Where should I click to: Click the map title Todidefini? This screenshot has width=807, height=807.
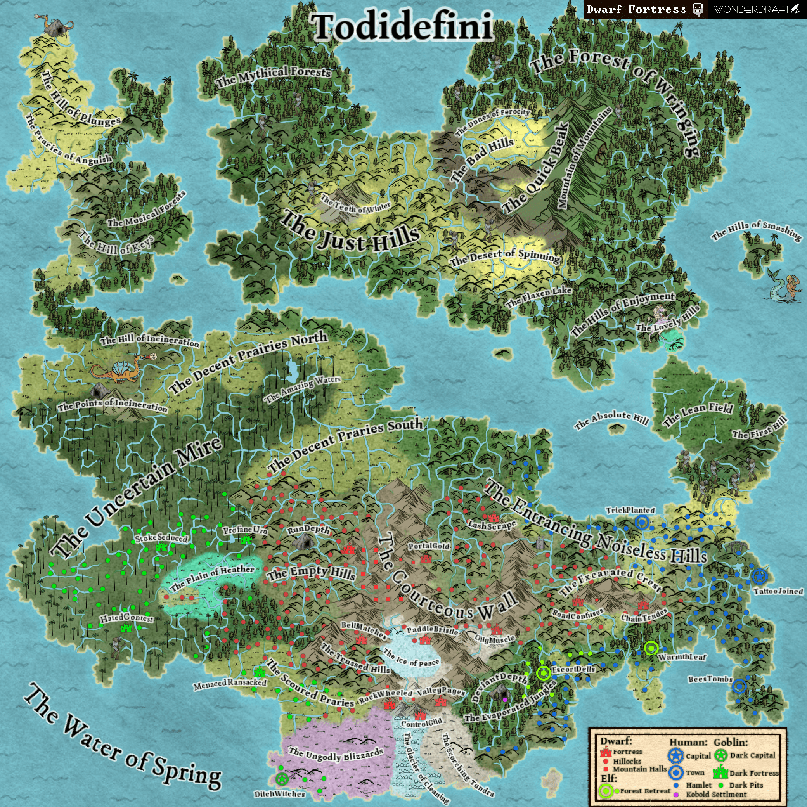403,27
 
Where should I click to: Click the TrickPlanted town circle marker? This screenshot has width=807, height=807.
642,522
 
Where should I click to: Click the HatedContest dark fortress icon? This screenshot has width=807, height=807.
126,627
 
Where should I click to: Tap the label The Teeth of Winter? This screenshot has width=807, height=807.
355,204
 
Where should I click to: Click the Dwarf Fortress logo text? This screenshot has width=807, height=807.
636,10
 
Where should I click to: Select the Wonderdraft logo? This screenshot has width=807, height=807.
757,10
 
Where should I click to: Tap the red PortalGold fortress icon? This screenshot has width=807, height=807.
426,558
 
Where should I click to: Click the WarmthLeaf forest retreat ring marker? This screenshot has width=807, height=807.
651,648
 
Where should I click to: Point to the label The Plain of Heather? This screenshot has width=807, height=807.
212,578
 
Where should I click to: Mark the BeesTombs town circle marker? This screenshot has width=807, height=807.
739,686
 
